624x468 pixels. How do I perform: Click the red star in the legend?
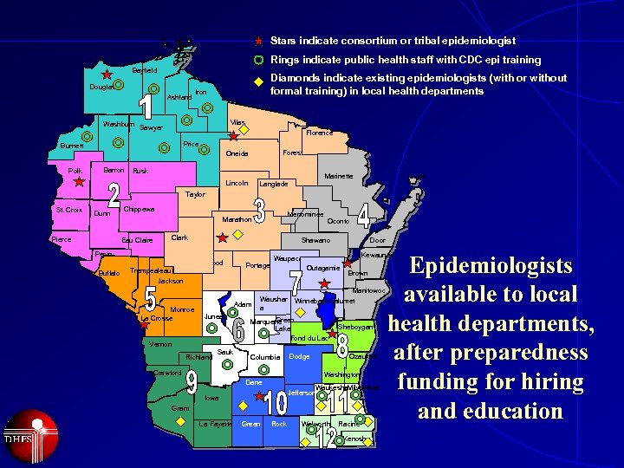pyautogui.click(x=258, y=41)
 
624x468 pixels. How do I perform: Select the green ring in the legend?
pyautogui.click(x=258, y=61)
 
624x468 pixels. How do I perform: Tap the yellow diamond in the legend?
pyautogui.click(x=258, y=83)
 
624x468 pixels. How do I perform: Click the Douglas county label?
pyautogui.click(x=102, y=87)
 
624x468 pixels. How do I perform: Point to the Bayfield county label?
pyautogui.click(x=145, y=69)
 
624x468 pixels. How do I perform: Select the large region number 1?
pyautogui.click(x=146, y=106)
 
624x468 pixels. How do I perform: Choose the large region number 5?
pyautogui.click(x=150, y=299)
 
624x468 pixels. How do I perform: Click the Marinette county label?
pyautogui.click(x=338, y=176)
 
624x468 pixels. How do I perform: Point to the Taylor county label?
pyautogui.click(x=195, y=194)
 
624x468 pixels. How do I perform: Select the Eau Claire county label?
pyautogui.click(x=137, y=240)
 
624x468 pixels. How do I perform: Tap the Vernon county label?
pyautogui.click(x=160, y=344)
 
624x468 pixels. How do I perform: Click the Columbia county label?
pyautogui.click(x=264, y=357)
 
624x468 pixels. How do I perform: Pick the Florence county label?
pyautogui.click(x=319, y=133)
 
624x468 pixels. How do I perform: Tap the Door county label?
pyautogui.click(x=377, y=240)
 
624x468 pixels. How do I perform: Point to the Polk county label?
pyautogui.click(x=75, y=171)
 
